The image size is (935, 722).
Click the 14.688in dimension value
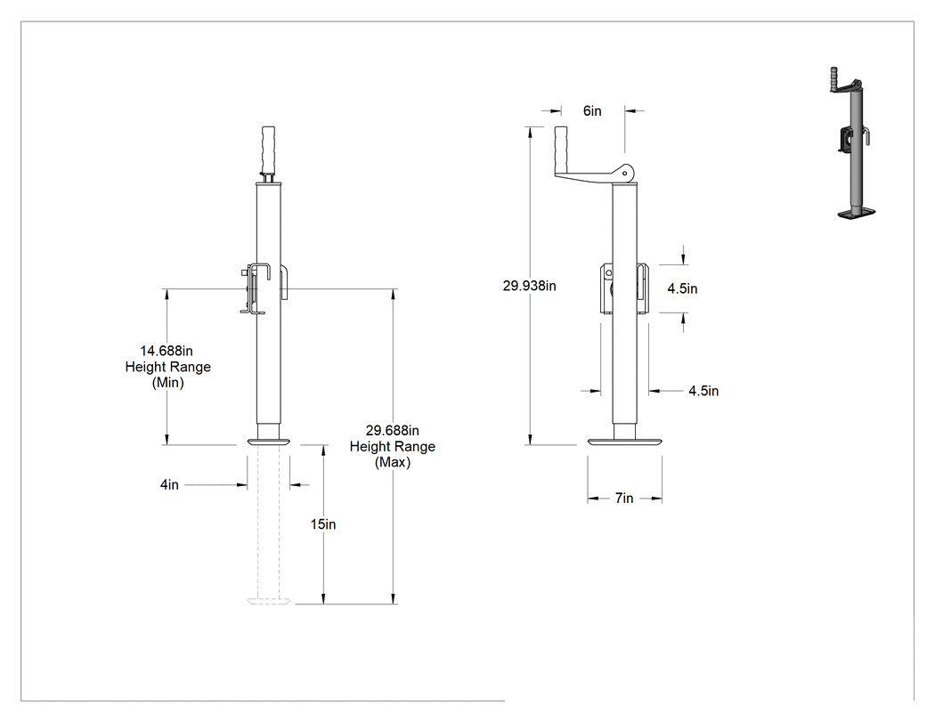[167, 351]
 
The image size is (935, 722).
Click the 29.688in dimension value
[393, 431]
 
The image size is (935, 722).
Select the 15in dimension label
[323, 524]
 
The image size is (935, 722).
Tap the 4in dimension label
[169, 484]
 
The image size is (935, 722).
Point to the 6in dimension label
[592, 111]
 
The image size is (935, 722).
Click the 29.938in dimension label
[530, 286]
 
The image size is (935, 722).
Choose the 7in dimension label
[624, 498]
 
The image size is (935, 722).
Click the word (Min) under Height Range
[168, 383]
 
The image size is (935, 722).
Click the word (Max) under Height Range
[393, 462]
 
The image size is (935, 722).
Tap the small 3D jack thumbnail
[854, 143]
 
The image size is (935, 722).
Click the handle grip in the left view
[268, 149]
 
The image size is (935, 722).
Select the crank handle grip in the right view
[562, 150]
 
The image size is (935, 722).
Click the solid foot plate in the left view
[269, 442]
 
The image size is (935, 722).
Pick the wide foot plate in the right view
[624, 442]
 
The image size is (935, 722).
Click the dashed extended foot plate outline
[270, 601]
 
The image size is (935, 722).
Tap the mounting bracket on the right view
[624, 288]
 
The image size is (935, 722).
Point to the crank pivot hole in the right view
[624, 173]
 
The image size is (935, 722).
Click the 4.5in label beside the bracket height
[682, 288]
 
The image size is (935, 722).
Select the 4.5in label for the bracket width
[703, 391]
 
